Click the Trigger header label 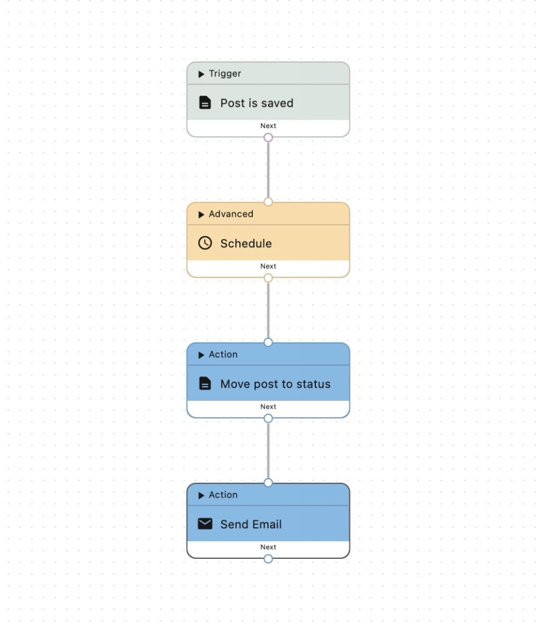(225, 73)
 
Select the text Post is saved (256, 103)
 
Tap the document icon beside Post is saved (205, 103)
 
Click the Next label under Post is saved (268, 126)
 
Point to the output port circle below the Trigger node (268, 138)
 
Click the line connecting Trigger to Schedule (268, 170)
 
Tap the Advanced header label (231, 214)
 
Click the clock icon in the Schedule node (205, 243)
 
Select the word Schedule (246, 244)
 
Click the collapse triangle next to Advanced (201, 214)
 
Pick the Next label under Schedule (268, 266)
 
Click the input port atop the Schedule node (268, 202)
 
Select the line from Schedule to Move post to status (268, 310)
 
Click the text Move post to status (275, 384)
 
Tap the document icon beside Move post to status (205, 384)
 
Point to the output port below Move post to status (268, 419)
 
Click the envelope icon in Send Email (205, 524)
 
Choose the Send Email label (251, 524)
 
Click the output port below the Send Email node (268, 559)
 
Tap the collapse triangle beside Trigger (201, 74)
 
